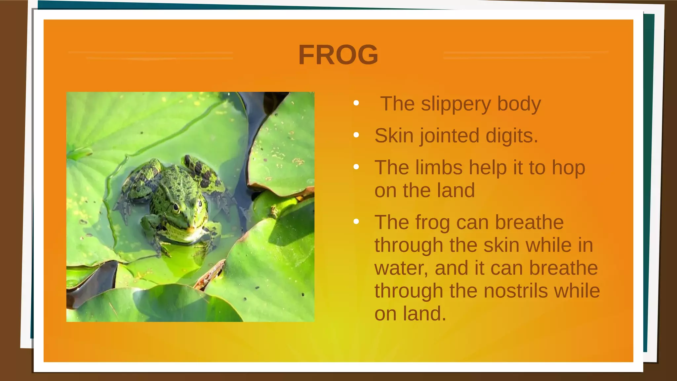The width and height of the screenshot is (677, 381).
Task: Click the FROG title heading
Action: [x=338, y=55]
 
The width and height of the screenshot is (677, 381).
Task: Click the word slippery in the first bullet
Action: [x=456, y=104]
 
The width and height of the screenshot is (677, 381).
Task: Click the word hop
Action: [x=568, y=168]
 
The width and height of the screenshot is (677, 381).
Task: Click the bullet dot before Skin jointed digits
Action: [x=356, y=135]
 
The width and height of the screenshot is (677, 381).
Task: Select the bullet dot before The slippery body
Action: [x=356, y=103]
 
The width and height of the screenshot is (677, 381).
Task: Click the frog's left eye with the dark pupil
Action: [x=176, y=208]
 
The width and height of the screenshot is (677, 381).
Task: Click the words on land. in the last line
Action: [x=410, y=314]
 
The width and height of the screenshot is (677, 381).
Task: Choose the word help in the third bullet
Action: [x=488, y=167]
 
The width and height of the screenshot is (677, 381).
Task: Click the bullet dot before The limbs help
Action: [x=356, y=167]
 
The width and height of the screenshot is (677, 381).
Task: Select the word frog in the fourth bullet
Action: [x=432, y=223]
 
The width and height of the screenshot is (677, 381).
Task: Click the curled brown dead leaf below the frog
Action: [x=210, y=273]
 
